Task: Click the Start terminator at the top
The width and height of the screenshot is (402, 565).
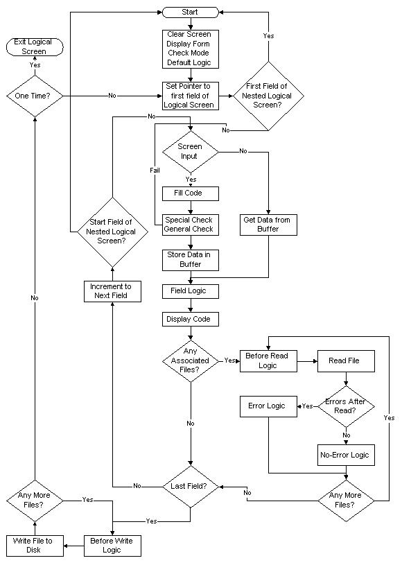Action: tap(190, 12)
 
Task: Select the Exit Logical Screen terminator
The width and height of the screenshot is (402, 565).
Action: tap(34, 47)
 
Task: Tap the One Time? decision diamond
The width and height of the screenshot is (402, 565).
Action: tap(34, 95)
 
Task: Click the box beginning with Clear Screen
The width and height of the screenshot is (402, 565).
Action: tap(190, 49)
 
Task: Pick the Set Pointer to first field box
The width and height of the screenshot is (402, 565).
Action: tap(190, 96)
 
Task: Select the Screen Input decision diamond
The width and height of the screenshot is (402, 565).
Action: tap(190, 151)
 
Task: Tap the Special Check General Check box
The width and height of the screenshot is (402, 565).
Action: tap(190, 225)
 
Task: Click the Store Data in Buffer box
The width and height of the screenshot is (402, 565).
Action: tap(190, 259)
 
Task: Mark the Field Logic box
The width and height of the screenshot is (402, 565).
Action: tap(190, 291)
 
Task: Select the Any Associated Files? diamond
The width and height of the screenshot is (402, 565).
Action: tap(190, 360)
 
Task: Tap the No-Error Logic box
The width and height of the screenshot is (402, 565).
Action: tap(345, 455)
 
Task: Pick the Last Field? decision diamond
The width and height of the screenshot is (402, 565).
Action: tap(190, 486)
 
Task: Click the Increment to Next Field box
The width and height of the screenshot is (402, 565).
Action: tap(112, 291)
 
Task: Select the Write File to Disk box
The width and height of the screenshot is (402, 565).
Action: tap(34, 545)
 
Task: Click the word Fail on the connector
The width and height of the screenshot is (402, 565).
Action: tap(155, 169)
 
